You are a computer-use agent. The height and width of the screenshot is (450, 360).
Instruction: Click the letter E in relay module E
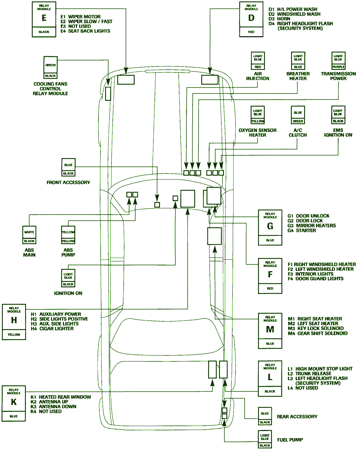[44, 18]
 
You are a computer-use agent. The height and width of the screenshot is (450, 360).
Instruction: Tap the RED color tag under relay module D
[251, 32]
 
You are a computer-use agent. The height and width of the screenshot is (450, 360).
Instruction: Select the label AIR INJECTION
[258, 76]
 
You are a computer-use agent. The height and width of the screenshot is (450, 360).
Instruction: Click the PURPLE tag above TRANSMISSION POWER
[338, 67]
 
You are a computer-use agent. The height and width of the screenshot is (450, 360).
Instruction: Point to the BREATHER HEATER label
[298, 76]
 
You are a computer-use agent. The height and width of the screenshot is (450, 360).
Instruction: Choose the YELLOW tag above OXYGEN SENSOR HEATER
[257, 121]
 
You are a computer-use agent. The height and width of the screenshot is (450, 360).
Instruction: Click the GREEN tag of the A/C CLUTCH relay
[298, 121]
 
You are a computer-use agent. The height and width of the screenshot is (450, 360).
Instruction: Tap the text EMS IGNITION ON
[338, 132]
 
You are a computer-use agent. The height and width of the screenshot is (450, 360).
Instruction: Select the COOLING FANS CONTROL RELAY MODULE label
[50, 89]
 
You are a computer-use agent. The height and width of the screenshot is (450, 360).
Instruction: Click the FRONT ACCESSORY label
[68, 182]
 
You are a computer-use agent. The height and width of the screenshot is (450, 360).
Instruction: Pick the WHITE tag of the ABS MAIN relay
[29, 232]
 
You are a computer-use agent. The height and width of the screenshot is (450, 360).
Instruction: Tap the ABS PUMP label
[68, 253]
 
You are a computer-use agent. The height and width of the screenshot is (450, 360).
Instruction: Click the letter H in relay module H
[14, 320]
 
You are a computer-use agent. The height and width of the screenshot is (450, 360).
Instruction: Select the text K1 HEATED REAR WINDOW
[61, 397]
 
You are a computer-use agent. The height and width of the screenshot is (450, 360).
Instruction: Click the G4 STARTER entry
[302, 230]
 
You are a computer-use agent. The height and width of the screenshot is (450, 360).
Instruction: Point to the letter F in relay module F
[270, 275]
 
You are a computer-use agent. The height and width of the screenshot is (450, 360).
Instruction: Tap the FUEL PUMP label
[290, 439]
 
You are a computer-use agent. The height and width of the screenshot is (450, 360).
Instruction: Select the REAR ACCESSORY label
[297, 417]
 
